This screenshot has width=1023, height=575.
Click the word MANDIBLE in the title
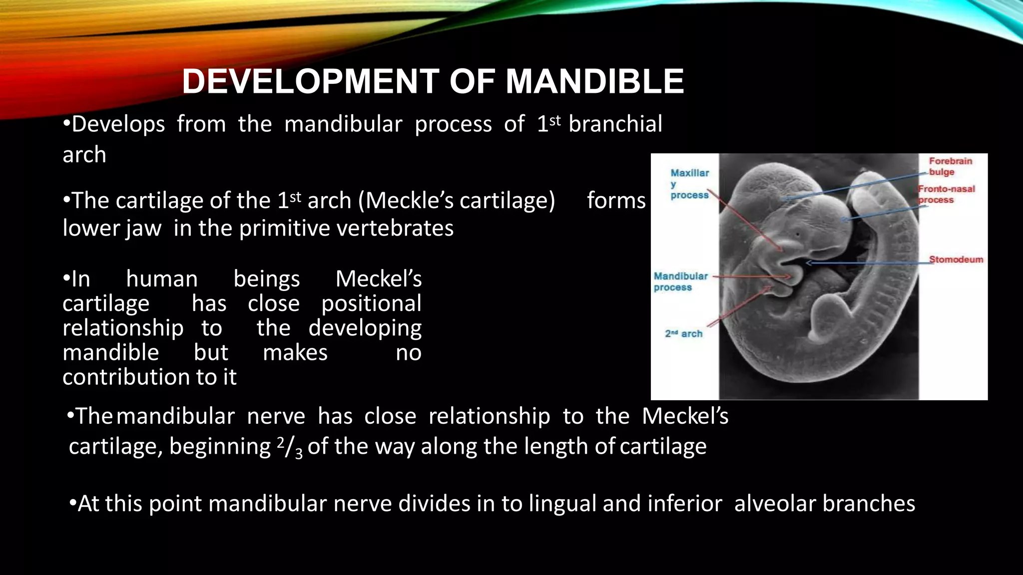click(594, 81)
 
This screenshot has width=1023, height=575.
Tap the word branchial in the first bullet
click(615, 124)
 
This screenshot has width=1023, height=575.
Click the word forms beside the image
click(616, 201)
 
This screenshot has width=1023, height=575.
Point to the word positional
click(371, 303)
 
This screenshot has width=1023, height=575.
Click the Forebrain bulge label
click(950, 166)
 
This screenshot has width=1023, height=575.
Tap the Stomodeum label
click(956, 260)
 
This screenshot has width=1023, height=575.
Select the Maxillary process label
click(689, 184)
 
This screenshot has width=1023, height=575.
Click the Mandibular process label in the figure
click(680, 282)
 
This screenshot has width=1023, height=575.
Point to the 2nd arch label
click(683, 333)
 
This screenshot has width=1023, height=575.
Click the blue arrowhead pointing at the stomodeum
click(810, 263)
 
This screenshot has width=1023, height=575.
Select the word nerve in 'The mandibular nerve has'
click(276, 416)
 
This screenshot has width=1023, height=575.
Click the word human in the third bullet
click(161, 279)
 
